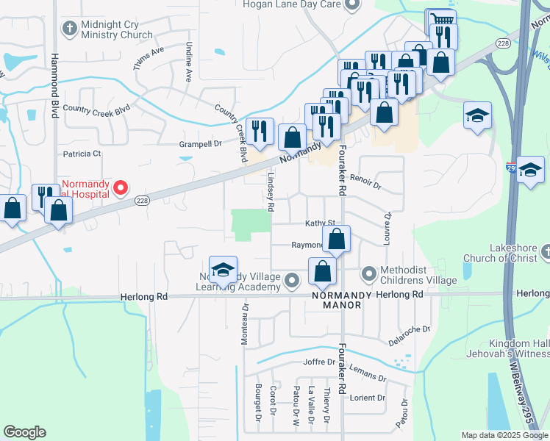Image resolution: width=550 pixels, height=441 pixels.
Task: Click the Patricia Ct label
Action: (82, 154)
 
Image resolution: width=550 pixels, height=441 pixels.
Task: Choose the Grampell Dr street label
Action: (200, 144)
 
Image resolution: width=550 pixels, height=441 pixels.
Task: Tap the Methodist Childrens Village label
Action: (404, 276)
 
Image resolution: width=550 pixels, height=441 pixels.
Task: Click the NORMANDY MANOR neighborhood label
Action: (337, 299)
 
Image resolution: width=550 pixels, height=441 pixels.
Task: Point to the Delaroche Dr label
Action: (408, 334)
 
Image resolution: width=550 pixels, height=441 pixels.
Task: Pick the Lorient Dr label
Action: (367, 398)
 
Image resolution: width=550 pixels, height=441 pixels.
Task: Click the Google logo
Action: (24, 432)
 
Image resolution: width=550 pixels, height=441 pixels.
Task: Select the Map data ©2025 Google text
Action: (504, 435)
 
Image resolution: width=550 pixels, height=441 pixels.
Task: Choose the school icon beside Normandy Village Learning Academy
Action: (223, 270)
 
